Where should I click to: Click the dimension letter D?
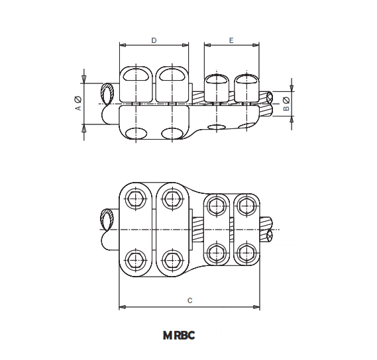[x=154, y=41]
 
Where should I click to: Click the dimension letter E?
[x=231, y=41]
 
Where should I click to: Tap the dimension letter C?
[x=189, y=301]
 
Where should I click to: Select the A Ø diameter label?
[x=78, y=104]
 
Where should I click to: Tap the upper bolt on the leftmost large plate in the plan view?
[x=137, y=199]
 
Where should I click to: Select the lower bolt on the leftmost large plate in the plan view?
[x=137, y=257]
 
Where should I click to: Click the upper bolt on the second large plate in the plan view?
[x=173, y=199]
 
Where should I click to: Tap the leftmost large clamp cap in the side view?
[x=137, y=83]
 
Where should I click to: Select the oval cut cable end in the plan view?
[x=106, y=219]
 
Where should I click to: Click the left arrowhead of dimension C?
[x=122, y=307]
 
